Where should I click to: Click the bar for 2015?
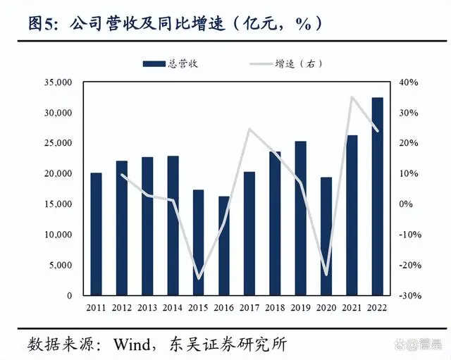(x=199, y=242)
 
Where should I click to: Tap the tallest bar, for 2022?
(x=378, y=197)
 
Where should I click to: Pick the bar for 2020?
(x=326, y=236)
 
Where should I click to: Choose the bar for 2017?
(x=249, y=233)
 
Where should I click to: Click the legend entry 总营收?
(x=172, y=63)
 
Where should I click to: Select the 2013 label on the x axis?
(x=147, y=308)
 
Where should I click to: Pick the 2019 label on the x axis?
(x=301, y=308)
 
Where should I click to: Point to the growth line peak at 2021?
(x=352, y=97)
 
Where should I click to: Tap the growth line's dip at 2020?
(x=326, y=275)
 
